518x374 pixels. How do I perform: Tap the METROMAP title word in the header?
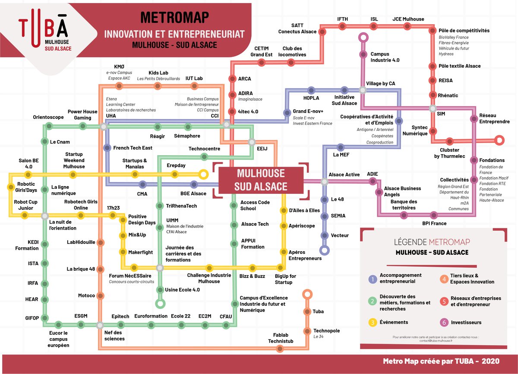click(175, 17)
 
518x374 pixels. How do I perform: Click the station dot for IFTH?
click(342, 26)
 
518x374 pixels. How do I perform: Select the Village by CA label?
click(380, 83)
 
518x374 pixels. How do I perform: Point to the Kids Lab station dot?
click(158, 86)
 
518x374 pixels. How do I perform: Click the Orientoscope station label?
click(48, 117)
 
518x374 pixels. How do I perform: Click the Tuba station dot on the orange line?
click(307, 312)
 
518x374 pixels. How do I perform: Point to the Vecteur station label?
click(340, 235)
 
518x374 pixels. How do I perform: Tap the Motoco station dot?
click(100, 296)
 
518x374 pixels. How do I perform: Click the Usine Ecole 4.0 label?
click(183, 290)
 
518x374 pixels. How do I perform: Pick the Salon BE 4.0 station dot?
click(28, 175)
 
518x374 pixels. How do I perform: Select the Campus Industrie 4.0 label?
click(385, 57)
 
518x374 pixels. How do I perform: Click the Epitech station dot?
click(120, 325)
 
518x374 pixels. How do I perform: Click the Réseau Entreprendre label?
click(494, 119)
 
